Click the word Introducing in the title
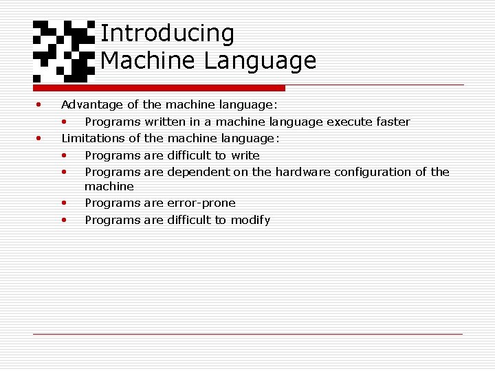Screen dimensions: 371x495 (x=167, y=33)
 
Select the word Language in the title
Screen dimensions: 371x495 (x=260, y=61)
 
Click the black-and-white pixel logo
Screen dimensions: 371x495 (x=64, y=49)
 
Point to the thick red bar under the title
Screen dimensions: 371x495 (x=159, y=88)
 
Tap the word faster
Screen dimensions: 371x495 (x=391, y=122)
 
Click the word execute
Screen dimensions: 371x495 (x=348, y=122)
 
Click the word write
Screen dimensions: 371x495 (x=245, y=155)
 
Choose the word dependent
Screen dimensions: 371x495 (x=198, y=172)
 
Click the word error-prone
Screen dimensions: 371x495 (x=201, y=203)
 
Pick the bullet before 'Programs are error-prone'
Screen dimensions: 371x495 (x=64, y=203)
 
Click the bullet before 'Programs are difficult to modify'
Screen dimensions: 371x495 (x=64, y=221)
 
